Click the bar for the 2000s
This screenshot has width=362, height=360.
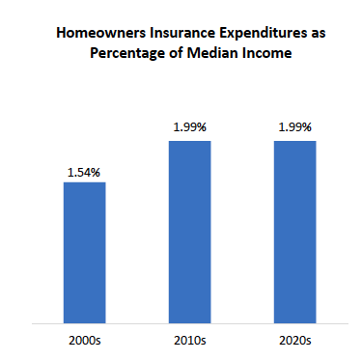(84, 252)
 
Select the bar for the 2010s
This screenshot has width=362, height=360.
(189, 232)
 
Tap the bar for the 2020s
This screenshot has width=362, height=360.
(294, 232)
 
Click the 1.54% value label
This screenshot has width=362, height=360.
(84, 171)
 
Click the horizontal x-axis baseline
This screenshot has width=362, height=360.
(189, 323)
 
